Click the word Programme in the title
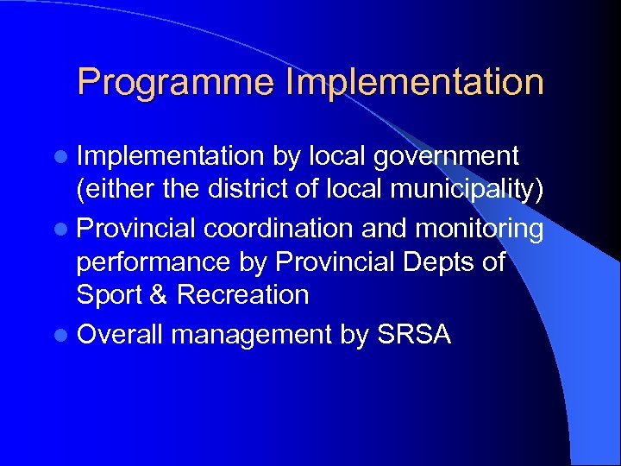(x=174, y=83)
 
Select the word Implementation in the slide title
(x=414, y=83)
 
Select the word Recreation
(x=242, y=295)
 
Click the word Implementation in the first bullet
(x=169, y=156)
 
